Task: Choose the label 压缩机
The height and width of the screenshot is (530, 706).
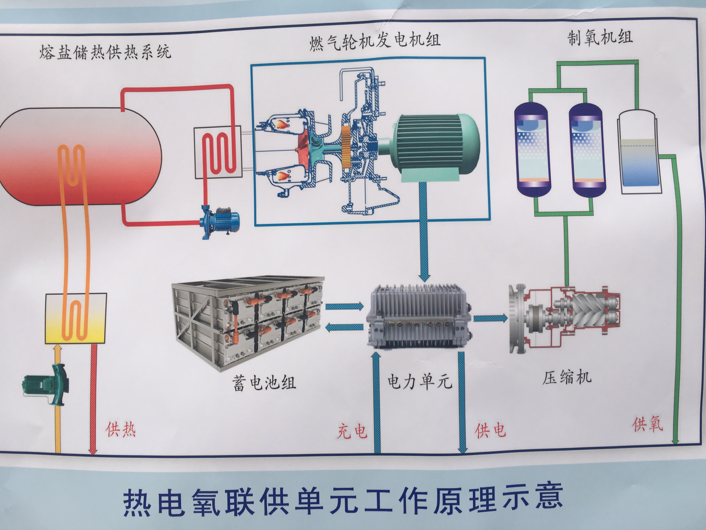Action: click(567, 377)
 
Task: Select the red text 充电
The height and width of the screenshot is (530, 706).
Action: click(352, 431)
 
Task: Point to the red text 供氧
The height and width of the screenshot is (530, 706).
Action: click(648, 424)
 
